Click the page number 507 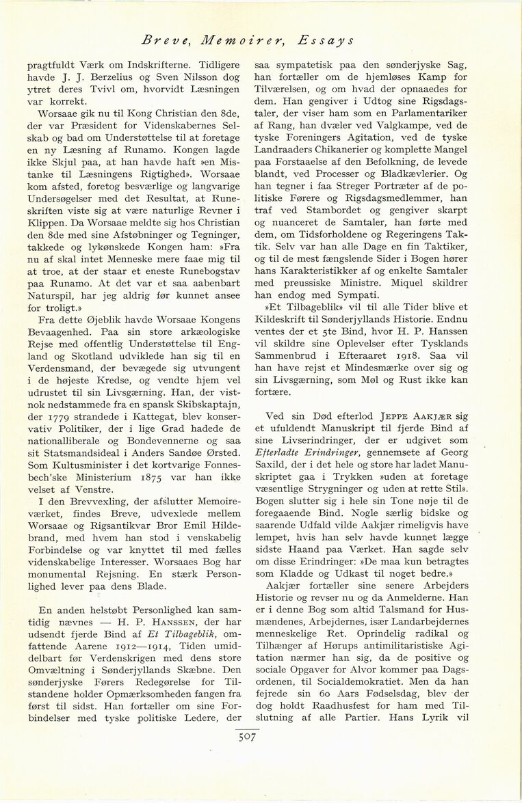point(246,737)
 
